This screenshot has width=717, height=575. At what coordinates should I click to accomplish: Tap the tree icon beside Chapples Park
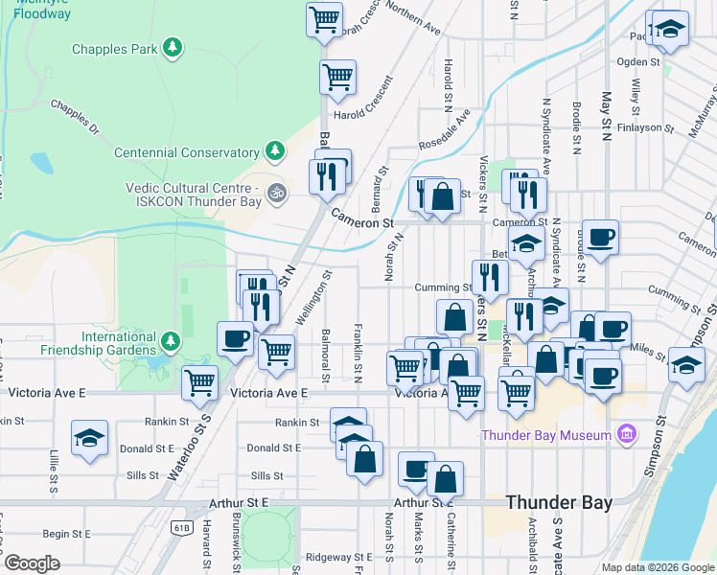(x=173, y=48)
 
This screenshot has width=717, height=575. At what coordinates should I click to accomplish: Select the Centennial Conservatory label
(x=186, y=152)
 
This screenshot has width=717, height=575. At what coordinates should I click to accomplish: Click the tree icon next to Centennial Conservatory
(x=275, y=151)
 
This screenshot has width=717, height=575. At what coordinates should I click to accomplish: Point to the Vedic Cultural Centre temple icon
(x=277, y=193)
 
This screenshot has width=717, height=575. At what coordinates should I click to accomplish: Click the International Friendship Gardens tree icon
(x=171, y=341)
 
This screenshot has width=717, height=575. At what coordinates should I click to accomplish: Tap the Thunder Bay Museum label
(x=546, y=435)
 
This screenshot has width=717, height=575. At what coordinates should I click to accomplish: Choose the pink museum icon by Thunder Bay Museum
(x=627, y=435)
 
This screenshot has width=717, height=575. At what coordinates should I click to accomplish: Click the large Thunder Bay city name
(x=562, y=502)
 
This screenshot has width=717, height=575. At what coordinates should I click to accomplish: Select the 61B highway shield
(x=182, y=526)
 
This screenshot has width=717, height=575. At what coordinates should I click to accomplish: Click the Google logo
(x=33, y=563)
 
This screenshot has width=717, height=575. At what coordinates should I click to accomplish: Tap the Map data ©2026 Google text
(x=657, y=567)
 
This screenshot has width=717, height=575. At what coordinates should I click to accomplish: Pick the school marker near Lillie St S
(x=90, y=438)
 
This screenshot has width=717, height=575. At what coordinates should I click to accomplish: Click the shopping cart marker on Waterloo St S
(x=200, y=381)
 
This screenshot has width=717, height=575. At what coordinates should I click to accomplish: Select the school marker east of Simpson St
(x=686, y=364)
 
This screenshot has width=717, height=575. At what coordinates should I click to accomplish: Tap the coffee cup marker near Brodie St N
(x=601, y=237)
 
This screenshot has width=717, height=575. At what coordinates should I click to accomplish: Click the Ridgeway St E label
(x=337, y=557)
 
